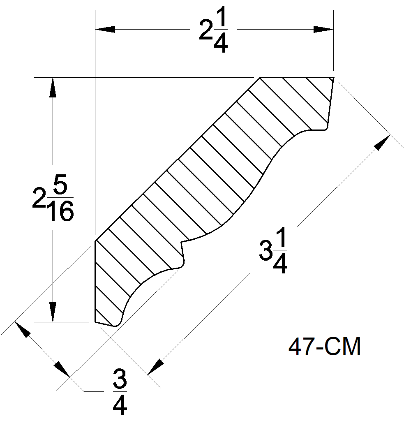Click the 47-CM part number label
pyautogui.click(x=325, y=347)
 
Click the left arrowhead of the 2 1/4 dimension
pyautogui.click(x=105, y=29)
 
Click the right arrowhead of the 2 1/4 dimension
pyautogui.click(x=323, y=29)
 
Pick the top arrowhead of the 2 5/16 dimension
pyautogui.click(x=53, y=86)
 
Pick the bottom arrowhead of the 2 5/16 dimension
pyautogui.click(x=53, y=312)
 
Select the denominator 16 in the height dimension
pyautogui.click(x=60, y=213)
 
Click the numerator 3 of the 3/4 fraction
pyautogui.click(x=120, y=381)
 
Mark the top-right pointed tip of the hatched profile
pyautogui.click(x=332, y=78)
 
